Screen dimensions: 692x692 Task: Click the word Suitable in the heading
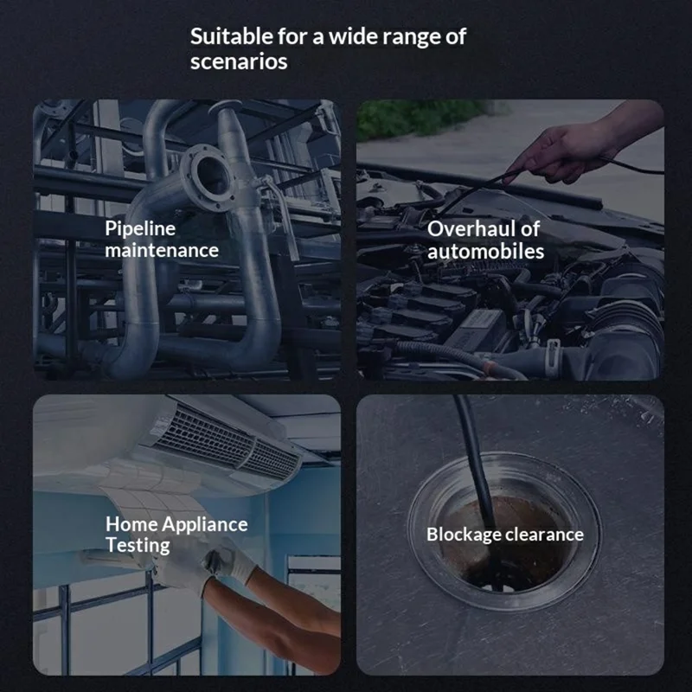point(232,36)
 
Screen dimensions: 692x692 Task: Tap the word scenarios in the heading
point(239,61)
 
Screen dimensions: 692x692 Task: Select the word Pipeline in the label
point(140,229)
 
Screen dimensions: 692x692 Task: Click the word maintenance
point(162,250)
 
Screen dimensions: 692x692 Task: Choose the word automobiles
point(485,251)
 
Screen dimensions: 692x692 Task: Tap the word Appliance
point(205,525)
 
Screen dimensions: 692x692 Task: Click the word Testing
point(138,546)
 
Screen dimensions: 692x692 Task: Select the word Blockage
point(464,535)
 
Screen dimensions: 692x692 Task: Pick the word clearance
point(545,535)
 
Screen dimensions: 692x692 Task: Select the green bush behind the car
point(424,117)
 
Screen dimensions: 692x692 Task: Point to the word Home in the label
point(131,524)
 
